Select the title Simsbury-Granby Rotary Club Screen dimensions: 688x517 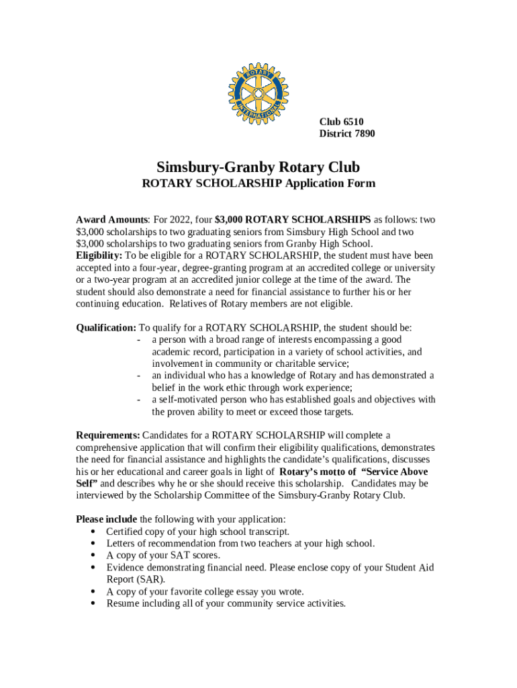[258, 167]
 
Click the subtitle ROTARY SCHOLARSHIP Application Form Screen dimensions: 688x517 [258, 183]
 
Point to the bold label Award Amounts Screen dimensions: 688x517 [112, 220]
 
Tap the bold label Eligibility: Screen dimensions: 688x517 [99, 256]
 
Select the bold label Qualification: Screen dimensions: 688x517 [106, 328]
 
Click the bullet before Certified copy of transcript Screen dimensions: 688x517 [91, 531]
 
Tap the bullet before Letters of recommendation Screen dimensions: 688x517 [91, 544]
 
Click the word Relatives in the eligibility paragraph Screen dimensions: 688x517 [190, 304]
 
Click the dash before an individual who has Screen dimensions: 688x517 [138, 376]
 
